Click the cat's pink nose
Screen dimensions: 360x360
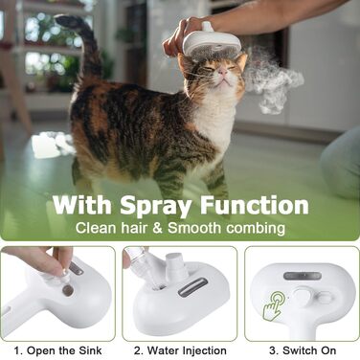(223, 73)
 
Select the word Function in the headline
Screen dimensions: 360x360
(254, 204)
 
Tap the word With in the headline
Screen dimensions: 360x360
(82, 204)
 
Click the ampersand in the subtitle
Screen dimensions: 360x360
(157, 229)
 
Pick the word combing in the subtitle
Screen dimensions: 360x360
(256, 229)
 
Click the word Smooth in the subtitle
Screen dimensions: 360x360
(194, 228)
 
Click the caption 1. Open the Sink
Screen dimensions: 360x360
(57, 350)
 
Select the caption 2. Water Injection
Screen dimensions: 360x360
(180, 350)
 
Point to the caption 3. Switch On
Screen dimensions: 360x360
(303, 350)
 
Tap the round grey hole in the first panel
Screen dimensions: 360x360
(67, 290)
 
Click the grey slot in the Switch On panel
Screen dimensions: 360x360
(303, 276)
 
